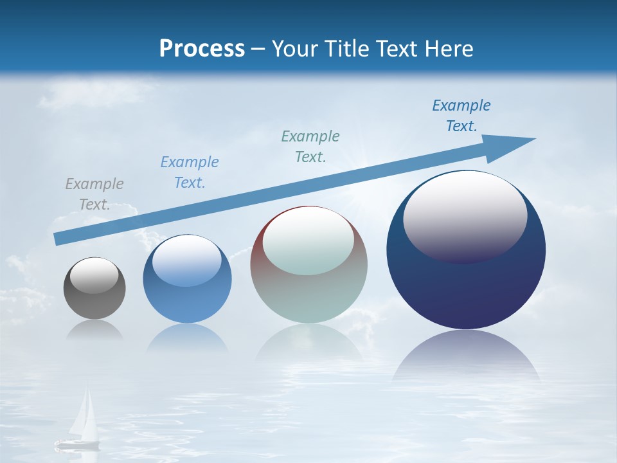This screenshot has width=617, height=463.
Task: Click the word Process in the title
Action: [x=202, y=49]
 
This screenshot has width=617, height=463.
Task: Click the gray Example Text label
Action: [x=94, y=194]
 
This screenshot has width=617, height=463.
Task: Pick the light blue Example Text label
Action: [x=190, y=172]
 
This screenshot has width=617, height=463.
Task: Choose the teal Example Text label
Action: [x=310, y=146]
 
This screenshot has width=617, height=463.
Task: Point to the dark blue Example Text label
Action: [x=461, y=115]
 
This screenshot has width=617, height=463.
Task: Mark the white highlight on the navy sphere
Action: [x=465, y=215]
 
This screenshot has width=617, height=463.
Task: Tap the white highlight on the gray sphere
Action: [x=94, y=275]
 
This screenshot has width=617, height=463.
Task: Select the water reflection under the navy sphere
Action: [x=466, y=357]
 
